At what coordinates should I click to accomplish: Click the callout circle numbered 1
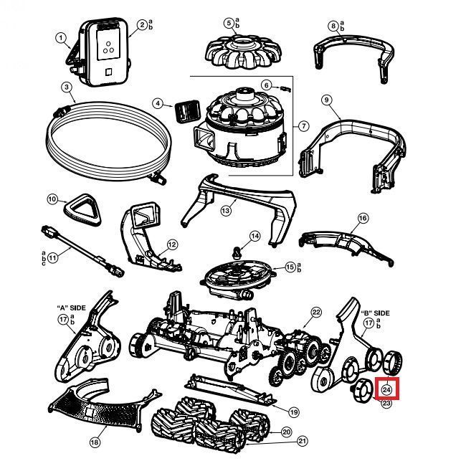click(x=61, y=38)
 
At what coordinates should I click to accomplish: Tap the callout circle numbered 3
click(x=66, y=87)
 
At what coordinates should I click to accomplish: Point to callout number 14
click(x=255, y=236)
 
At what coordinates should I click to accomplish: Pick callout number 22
click(x=316, y=312)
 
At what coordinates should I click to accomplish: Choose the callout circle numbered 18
click(x=94, y=442)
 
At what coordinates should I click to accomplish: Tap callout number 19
click(x=294, y=412)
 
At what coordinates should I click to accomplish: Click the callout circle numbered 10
click(x=52, y=199)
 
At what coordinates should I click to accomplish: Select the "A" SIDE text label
click(x=71, y=308)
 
